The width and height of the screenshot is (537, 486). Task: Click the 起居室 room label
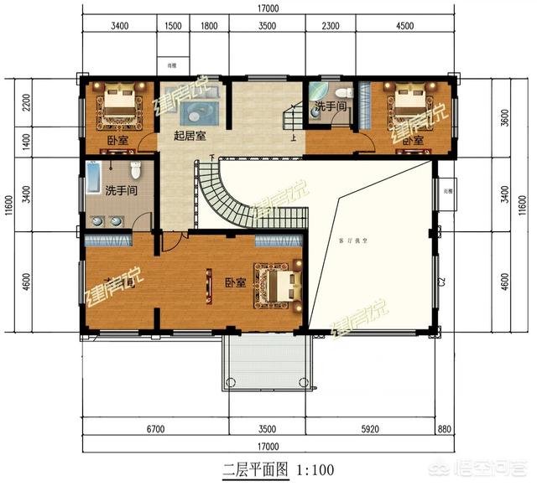190,136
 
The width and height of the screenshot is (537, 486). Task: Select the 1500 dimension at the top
173,26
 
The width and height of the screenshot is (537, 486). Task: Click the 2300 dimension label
331,26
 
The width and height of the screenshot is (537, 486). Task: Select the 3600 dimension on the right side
503,119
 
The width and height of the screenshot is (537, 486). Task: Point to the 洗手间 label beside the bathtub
122,192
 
